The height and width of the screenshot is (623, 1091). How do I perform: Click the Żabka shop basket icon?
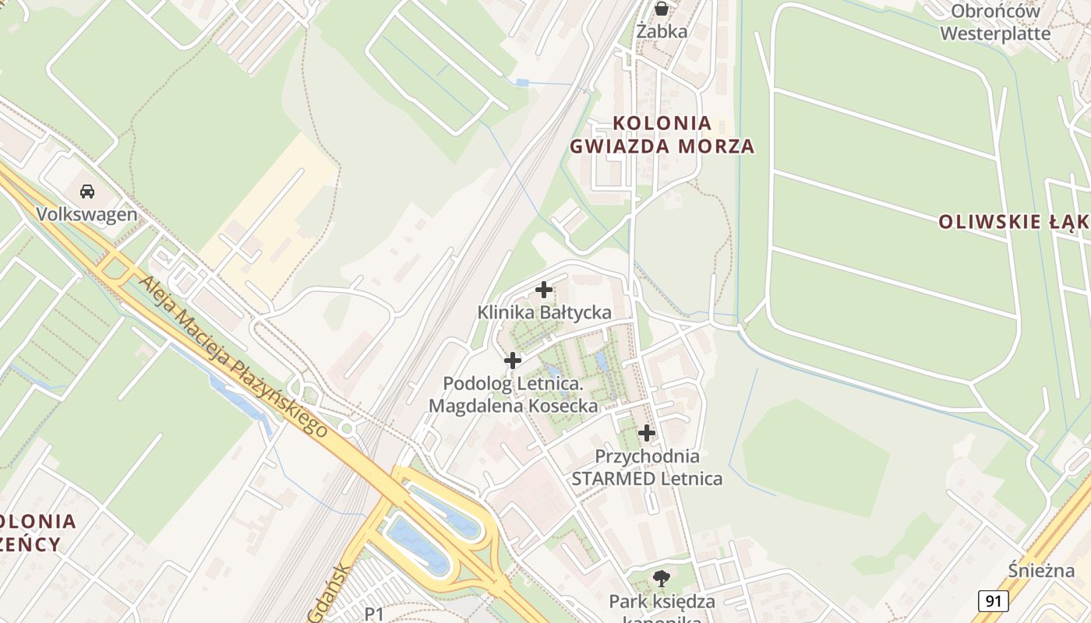662,9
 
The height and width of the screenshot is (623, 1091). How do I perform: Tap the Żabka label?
662,31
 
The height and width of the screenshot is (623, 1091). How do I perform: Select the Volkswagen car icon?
87,192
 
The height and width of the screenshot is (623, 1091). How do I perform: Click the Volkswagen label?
87,214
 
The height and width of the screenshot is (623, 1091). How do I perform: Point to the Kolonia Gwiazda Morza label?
662,134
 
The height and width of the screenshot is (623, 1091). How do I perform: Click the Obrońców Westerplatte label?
995,23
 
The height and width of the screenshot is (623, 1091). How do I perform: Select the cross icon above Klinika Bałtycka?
544,290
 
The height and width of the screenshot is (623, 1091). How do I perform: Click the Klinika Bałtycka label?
544,312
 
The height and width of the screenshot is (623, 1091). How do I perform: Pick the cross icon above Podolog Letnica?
513,361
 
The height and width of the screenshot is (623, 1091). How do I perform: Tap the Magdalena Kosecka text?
514,406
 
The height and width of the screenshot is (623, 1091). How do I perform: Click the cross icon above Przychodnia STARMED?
647,433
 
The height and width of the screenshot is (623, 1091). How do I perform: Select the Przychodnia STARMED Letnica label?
647,466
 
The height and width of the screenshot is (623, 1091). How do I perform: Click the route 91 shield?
993,600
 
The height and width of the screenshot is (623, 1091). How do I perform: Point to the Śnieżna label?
1040,571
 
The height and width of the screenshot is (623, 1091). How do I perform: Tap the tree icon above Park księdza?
662,579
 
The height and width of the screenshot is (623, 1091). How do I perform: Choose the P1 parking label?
375,614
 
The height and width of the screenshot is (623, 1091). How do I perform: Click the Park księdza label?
662,601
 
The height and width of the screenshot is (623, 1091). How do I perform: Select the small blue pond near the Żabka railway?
522,82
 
